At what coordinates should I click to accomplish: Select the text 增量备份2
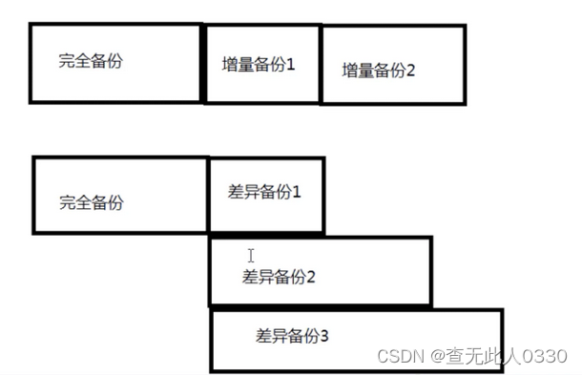tap(379, 70)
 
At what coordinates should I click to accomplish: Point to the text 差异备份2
tap(280, 278)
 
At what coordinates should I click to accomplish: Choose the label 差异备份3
tap(293, 336)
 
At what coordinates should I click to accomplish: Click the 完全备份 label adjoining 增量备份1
tap(91, 61)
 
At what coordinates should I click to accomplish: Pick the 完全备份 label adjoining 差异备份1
tap(92, 202)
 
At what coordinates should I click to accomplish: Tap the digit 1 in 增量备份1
tap(291, 66)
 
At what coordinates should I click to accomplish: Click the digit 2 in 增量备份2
tap(411, 70)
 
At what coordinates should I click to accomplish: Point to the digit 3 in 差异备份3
tap(325, 336)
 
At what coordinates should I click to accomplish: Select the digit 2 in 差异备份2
tap(311, 278)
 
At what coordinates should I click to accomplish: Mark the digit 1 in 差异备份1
tap(297, 191)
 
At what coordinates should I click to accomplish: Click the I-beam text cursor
tap(251, 256)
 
